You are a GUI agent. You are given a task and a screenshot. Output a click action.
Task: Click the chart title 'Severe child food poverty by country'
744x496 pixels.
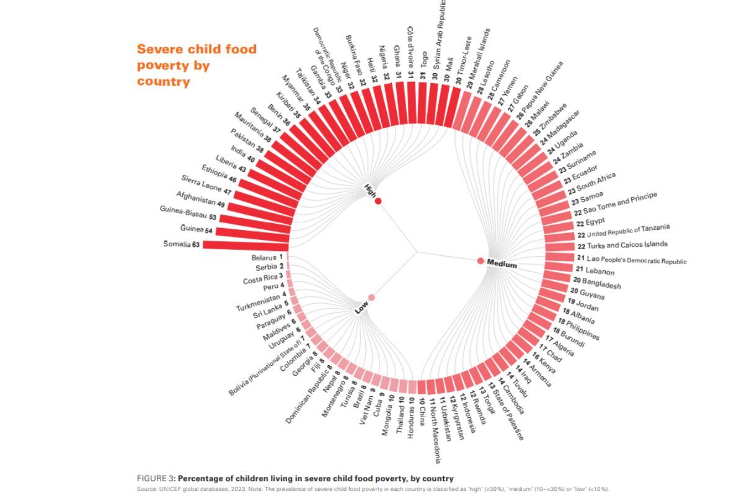196,65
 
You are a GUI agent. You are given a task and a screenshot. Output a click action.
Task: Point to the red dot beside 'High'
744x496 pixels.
378,200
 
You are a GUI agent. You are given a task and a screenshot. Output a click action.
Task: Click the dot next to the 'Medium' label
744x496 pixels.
480,260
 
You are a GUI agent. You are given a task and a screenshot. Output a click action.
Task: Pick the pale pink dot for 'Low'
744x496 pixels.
371,298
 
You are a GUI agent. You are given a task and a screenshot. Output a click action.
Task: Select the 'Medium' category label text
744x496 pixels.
502,264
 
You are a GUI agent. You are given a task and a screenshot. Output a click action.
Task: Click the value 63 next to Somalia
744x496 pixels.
196,244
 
